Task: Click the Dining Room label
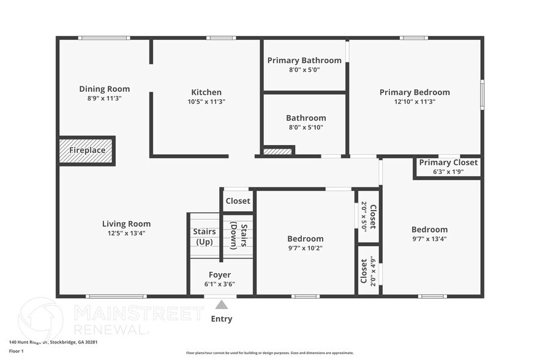click(104, 89)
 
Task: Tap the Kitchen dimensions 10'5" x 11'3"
click(206, 102)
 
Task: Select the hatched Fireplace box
click(86, 151)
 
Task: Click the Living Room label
click(126, 223)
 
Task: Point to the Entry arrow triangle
click(222, 304)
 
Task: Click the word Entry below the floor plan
click(222, 319)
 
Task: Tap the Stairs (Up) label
click(204, 236)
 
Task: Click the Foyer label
click(220, 275)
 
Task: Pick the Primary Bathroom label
click(304, 60)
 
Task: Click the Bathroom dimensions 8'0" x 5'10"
click(306, 127)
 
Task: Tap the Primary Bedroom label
click(414, 92)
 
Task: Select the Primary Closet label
click(448, 162)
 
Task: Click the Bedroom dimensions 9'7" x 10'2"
click(305, 248)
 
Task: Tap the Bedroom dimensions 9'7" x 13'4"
click(429, 239)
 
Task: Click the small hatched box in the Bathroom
click(277, 151)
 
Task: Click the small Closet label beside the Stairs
click(238, 201)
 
